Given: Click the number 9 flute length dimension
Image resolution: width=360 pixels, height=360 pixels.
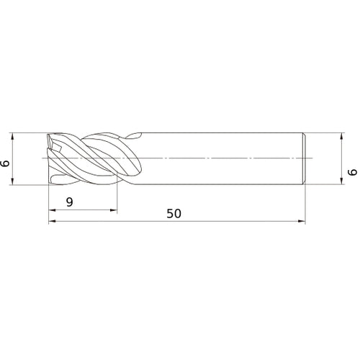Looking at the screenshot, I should click(68, 202).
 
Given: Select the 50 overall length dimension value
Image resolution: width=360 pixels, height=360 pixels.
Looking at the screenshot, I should click(174, 214).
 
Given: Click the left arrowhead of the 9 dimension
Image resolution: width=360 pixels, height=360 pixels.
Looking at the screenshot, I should click(51, 210).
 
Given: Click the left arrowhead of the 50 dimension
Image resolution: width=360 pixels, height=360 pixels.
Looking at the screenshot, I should click(51, 222).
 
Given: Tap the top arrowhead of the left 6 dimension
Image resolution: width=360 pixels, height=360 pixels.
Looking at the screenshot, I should click(14, 135).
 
